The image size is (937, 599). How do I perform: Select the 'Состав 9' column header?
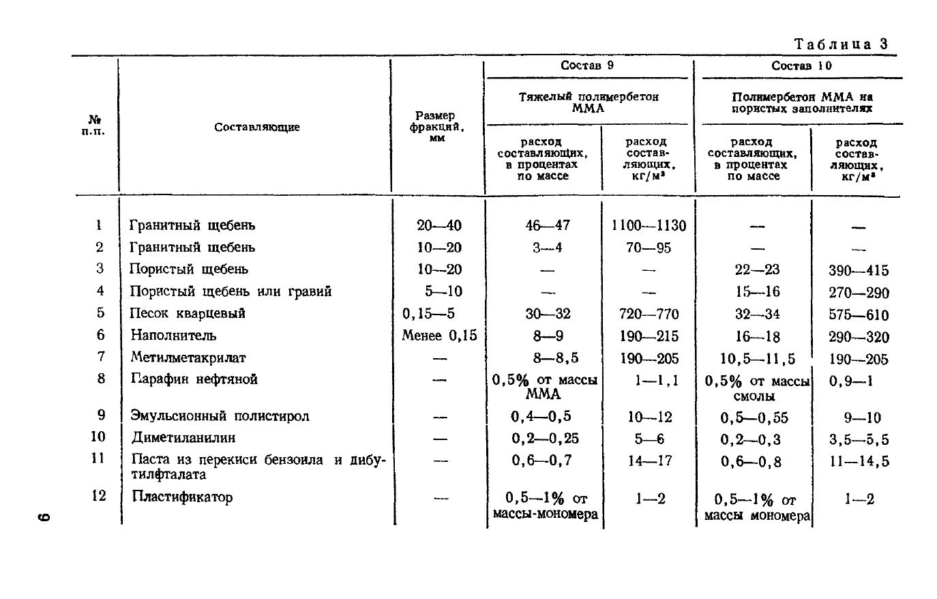[x=586, y=66]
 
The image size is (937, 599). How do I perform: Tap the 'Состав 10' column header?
[x=801, y=66]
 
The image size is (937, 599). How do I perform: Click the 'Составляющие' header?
[x=256, y=127]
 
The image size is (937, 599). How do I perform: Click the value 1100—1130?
[x=649, y=226]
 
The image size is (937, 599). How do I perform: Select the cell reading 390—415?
[x=859, y=270]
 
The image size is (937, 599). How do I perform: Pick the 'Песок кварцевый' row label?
[x=188, y=314]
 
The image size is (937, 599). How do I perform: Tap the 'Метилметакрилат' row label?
[x=188, y=357]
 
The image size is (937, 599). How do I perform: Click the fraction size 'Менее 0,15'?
[x=439, y=336]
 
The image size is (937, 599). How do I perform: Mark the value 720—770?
[x=649, y=315]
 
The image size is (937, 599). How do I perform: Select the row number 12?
[x=99, y=496]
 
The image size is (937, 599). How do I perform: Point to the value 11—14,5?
[x=859, y=462]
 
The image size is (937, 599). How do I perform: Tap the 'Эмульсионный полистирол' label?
[x=220, y=416]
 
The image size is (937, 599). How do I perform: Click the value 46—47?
[x=547, y=226]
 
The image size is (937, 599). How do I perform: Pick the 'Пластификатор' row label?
[x=182, y=497]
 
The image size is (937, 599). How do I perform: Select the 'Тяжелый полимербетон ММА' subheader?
[x=588, y=102]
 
